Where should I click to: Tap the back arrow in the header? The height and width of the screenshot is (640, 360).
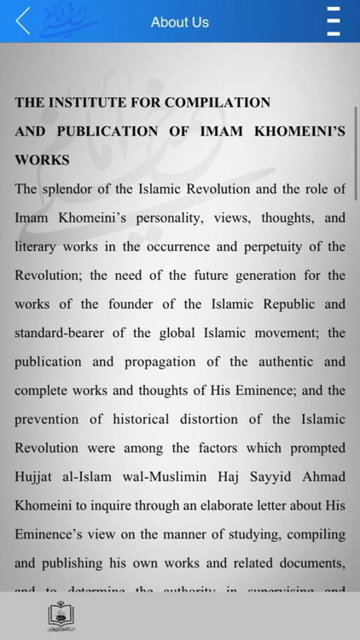pyautogui.click(x=23, y=20)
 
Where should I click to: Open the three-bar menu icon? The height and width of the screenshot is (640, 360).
pyautogui.click(x=334, y=21)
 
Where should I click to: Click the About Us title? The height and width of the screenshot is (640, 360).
pyautogui.click(x=179, y=22)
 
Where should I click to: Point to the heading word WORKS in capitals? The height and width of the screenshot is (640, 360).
pyautogui.click(x=42, y=160)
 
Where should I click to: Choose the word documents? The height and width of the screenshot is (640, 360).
pyautogui.click(x=312, y=564)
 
